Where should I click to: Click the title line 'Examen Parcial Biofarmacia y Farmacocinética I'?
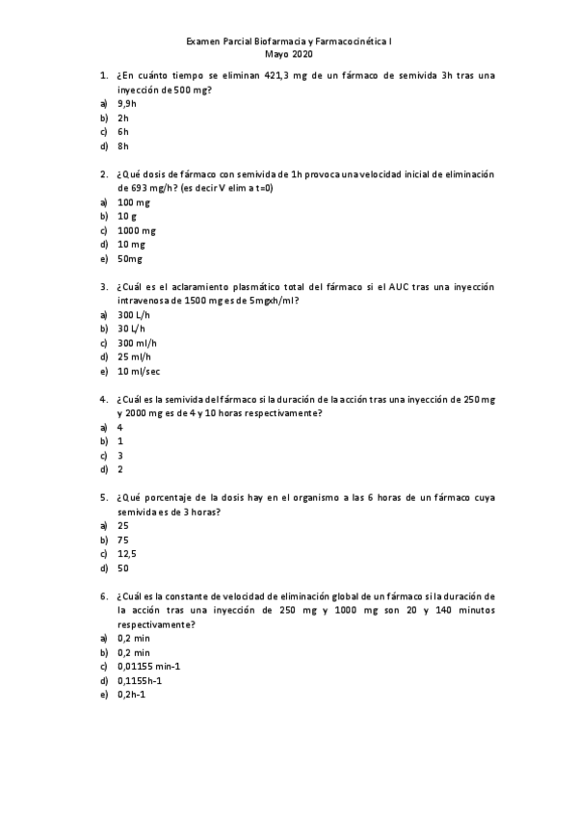pos(288,43)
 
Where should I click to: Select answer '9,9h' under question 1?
pos(126,102)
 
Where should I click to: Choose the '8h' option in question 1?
pos(122,145)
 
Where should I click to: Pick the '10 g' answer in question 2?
pos(127,217)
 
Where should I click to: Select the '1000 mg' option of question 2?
pos(136,231)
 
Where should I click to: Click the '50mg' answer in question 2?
pos(130,259)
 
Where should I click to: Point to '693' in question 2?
pos(141,188)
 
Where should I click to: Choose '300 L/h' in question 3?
pos(134,315)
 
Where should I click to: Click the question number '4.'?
pos(103,399)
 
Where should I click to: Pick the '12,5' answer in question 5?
pos(126,554)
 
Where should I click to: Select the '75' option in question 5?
pos(122,540)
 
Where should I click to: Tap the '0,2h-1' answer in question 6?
pos(131,695)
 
